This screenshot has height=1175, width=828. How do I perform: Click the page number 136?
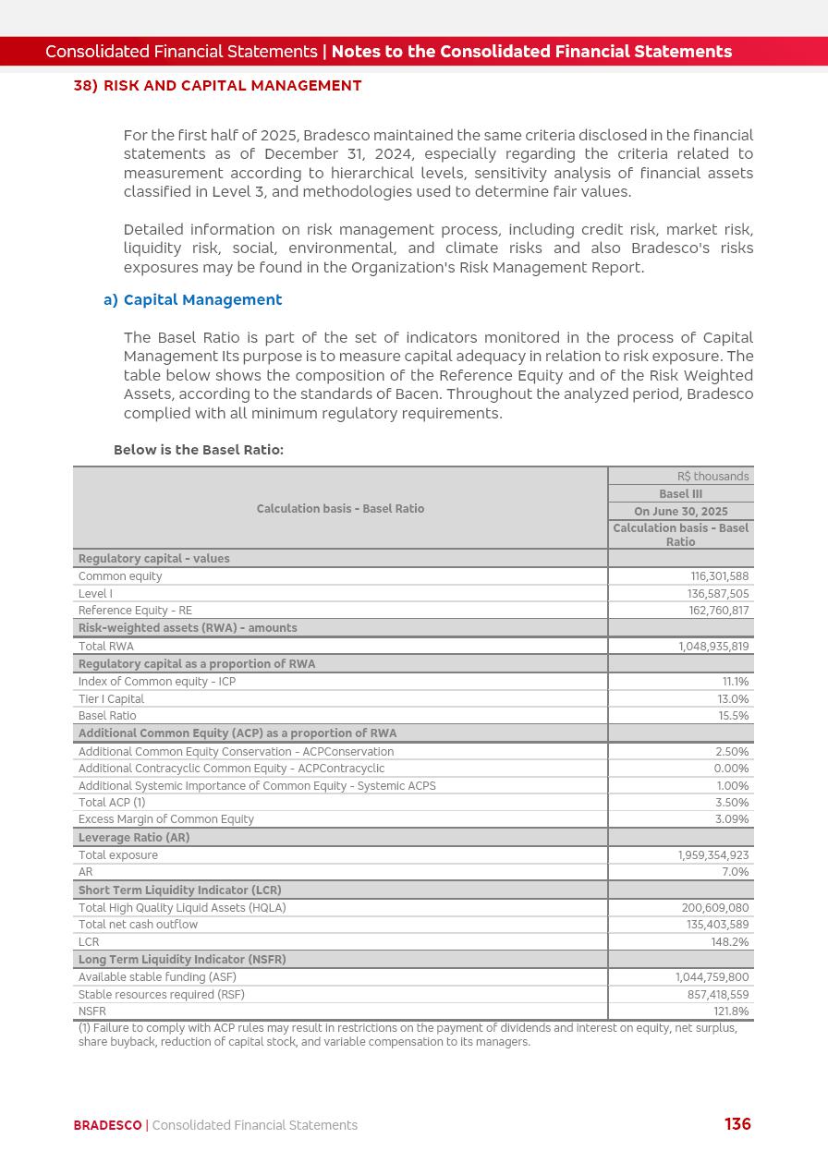[x=737, y=1124]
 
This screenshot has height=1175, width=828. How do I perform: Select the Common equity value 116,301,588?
[x=719, y=576]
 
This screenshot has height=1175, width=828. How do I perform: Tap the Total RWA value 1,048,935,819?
[x=713, y=647]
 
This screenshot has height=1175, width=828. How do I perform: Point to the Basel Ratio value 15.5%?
[x=734, y=716]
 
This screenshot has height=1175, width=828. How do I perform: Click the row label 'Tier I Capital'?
[x=111, y=699]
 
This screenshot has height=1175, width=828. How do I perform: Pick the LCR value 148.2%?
[x=730, y=942]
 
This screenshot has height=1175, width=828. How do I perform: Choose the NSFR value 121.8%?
[x=731, y=1011]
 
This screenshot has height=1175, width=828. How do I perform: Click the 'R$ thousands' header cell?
[x=712, y=477]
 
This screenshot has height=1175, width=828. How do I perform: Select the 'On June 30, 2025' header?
[x=680, y=512]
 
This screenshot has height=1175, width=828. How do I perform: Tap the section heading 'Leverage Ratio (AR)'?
[x=134, y=838]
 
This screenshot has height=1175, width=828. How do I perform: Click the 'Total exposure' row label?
[x=118, y=855]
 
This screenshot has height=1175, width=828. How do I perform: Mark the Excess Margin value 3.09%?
[x=732, y=819]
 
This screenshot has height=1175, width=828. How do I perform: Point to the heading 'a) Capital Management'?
[x=192, y=300]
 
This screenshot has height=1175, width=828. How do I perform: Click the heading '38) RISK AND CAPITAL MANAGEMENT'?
[x=217, y=86]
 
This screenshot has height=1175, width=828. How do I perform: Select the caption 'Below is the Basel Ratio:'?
[x=198, y=450]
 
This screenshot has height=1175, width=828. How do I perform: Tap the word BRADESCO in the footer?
[x=107, y=1125]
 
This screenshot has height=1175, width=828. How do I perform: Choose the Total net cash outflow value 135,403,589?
[x=717, y=925]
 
